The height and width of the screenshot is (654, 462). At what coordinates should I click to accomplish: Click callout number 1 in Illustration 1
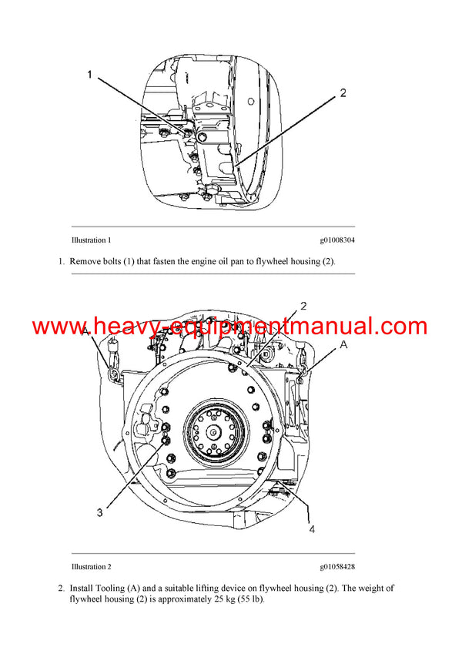pyautogui.click(x=89, y=75)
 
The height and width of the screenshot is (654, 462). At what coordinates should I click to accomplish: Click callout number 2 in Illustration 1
pyautogui.click(x=343, y=93)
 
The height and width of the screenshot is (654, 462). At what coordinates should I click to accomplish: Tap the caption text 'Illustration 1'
pyautogui.click(x=92, y=240)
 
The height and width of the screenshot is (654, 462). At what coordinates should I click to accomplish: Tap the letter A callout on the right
pyautogui.click(x=343, y=345)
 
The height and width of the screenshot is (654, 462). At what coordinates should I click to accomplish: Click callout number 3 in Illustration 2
pyautogui.click(x=100, y=510)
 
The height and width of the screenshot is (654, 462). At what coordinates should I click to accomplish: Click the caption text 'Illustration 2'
pyautogui.click(x=92, y=567)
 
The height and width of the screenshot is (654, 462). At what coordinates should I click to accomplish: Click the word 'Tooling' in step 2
pyautogui.click(x=112, y=588)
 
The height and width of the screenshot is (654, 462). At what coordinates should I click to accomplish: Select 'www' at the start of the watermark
pyautogui.click(x=59, y=326)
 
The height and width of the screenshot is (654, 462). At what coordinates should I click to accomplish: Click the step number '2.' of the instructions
pyautogui.click(x=61, y=588)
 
